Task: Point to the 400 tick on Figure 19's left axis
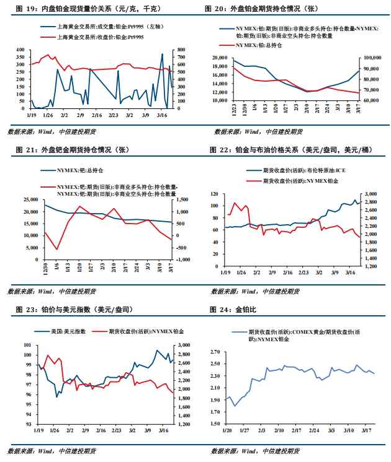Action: click(x=20, y=50)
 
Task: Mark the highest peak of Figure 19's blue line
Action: click(x=163, y=54)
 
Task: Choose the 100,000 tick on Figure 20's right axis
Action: click(x=371, y=57)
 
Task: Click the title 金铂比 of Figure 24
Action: click(x=238, y=308)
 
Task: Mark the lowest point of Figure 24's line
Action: click(x=235, y=406)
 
